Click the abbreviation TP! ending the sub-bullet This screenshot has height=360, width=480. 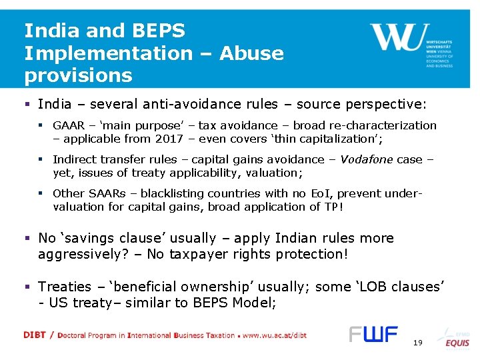[x=334, y=207]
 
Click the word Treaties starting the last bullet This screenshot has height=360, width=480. [x=65, y=287]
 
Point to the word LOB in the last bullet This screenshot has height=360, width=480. [x=381, y=287]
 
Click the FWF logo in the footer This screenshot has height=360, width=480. [x=373, y=334]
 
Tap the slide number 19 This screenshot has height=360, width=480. [x=418, y=342]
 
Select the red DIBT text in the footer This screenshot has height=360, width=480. [x=34, y=335]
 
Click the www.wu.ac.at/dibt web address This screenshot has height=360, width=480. [x=275, y=335]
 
